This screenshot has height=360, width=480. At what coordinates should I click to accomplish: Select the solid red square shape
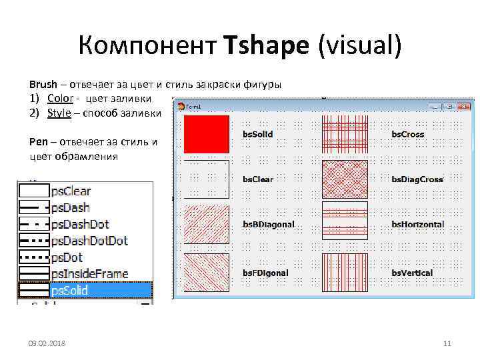[x=207, y=134]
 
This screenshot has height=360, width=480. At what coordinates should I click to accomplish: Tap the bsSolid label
[x=257, y=135]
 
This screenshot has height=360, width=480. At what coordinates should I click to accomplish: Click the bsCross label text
[x=407, y=135]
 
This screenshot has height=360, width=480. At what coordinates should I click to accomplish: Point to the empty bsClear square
[x=207, y=179]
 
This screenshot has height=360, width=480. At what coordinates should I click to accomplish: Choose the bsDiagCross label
[x=417, y=179]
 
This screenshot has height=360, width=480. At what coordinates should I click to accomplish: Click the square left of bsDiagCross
[x=345, y=179]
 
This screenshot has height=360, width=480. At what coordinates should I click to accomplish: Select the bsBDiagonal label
[x=268, y=225]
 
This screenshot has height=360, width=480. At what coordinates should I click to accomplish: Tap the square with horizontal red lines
[x=345, y=221]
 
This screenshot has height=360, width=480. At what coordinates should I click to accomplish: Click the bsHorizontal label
[x=417, y=225]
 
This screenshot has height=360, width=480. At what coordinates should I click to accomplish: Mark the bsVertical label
[x=412, y=273]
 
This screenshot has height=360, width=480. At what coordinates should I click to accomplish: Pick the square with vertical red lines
[x=345, y=273]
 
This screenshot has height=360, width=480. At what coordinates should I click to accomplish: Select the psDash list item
[x=70, y=208]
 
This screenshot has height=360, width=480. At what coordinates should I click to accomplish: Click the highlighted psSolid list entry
[x=69, y=290]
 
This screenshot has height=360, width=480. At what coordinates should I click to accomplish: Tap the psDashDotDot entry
[x=89, y=241]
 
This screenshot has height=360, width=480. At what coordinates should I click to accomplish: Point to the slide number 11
[x=447, y=343]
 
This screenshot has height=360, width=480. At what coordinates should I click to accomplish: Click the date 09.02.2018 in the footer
[x=47, y=343]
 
